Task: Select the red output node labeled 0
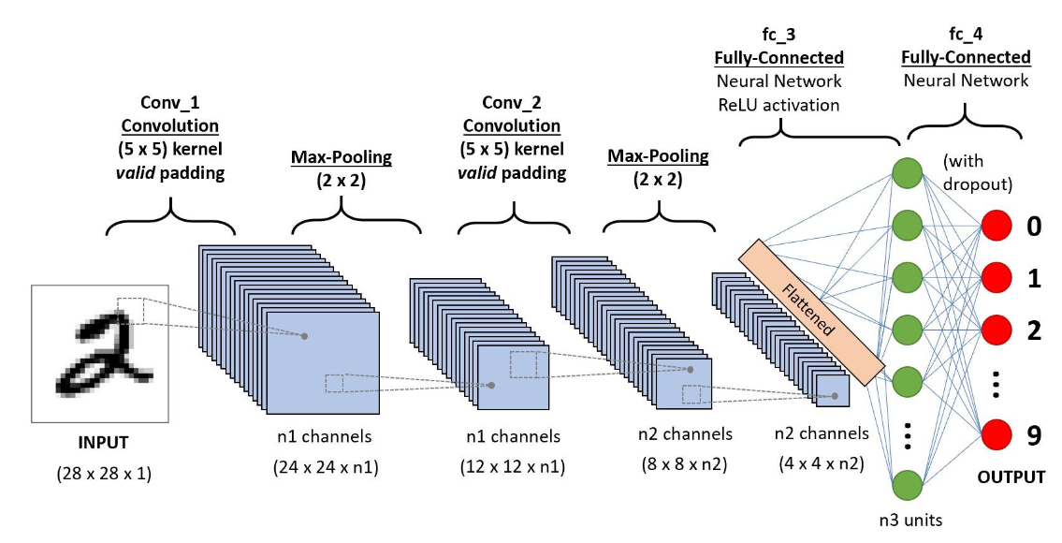[997, 227]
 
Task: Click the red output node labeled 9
[997, 433]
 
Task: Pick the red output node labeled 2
[997, 330]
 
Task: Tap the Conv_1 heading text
[170, 102]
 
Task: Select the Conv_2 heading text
[514, 102]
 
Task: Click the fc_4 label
[966, 35]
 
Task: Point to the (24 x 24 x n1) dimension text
[326, 465]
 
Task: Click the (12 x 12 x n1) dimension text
[513, 465]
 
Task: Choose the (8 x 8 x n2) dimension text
[685, 463]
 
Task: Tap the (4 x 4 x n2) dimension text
[822, 463]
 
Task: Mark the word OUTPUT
[1011, 477]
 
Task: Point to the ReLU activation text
[778, 104]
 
